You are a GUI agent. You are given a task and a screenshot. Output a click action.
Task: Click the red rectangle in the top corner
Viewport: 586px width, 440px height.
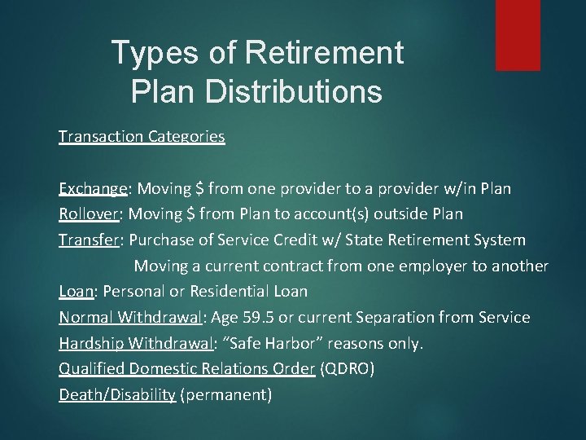click(518, 34)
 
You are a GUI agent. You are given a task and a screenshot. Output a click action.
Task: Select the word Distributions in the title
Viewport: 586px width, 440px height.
click(296, 91)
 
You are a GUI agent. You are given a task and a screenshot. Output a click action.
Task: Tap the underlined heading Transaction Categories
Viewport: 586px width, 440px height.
click(142, 137)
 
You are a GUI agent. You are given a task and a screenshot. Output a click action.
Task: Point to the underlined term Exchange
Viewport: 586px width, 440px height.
click(92, 189)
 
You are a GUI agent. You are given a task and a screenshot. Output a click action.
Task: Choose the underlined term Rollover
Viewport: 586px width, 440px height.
click(89, 214)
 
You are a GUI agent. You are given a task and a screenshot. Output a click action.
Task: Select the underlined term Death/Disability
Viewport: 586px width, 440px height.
click(117, 395)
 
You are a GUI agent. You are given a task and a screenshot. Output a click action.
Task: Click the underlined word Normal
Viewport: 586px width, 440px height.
click(85, 317)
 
